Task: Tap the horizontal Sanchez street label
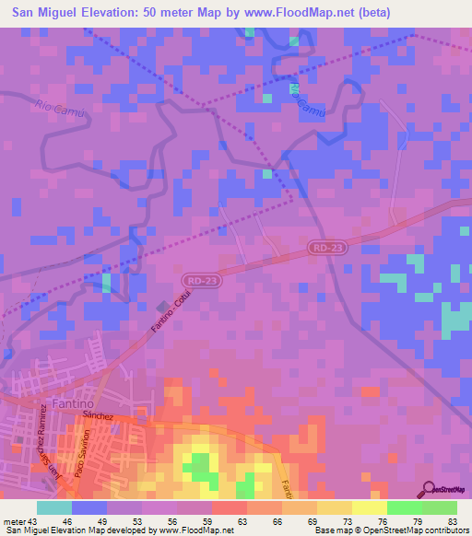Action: (97, 416)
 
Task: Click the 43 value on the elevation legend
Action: (34, 520)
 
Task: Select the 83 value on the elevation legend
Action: (452, 520)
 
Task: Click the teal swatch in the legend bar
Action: (54, 507)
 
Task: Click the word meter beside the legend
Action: (13, 520)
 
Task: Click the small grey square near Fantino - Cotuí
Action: (163, 307)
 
